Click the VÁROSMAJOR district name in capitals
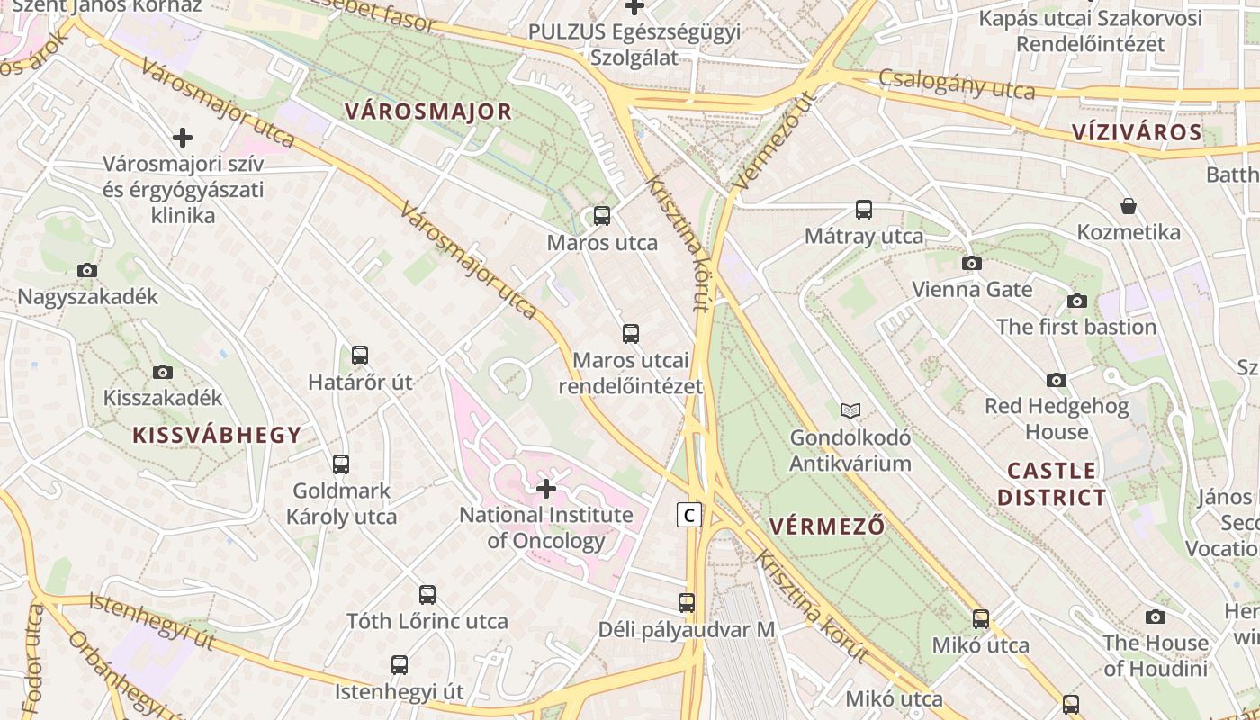[428, 112]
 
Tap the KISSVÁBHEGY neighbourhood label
[217, 435]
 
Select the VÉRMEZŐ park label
[827, 526]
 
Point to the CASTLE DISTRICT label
[1052, 483]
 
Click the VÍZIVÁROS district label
[1137, 132]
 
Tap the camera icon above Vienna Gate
[972, 263]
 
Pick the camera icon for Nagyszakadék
[87, 270]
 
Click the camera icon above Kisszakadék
[163, 372]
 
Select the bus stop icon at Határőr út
[360, 355]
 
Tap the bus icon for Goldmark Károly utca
[341, 464]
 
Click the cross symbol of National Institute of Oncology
[546, 489]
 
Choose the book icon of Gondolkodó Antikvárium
[850, 411]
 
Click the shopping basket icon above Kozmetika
[1129, 206]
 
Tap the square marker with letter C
[689, 515]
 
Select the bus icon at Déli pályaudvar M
[687, 603]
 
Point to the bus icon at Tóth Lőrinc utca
[427, 595]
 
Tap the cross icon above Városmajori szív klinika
[183, 138]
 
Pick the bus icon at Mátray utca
[864, 210]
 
